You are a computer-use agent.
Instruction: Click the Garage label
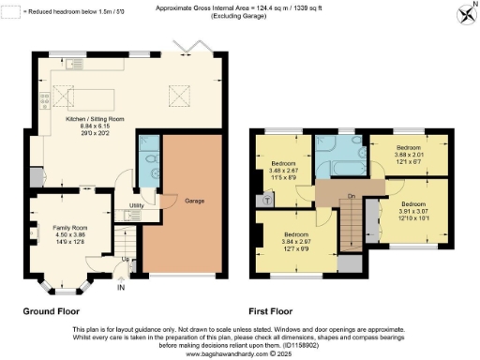click(195, 202)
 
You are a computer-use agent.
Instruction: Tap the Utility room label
click(135, 204)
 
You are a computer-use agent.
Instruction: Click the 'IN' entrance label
click(120, 288)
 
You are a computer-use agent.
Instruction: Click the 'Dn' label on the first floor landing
click(351, 196)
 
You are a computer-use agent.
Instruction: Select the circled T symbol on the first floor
click(269, 199)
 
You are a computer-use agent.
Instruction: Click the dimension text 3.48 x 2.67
click(283, 171)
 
